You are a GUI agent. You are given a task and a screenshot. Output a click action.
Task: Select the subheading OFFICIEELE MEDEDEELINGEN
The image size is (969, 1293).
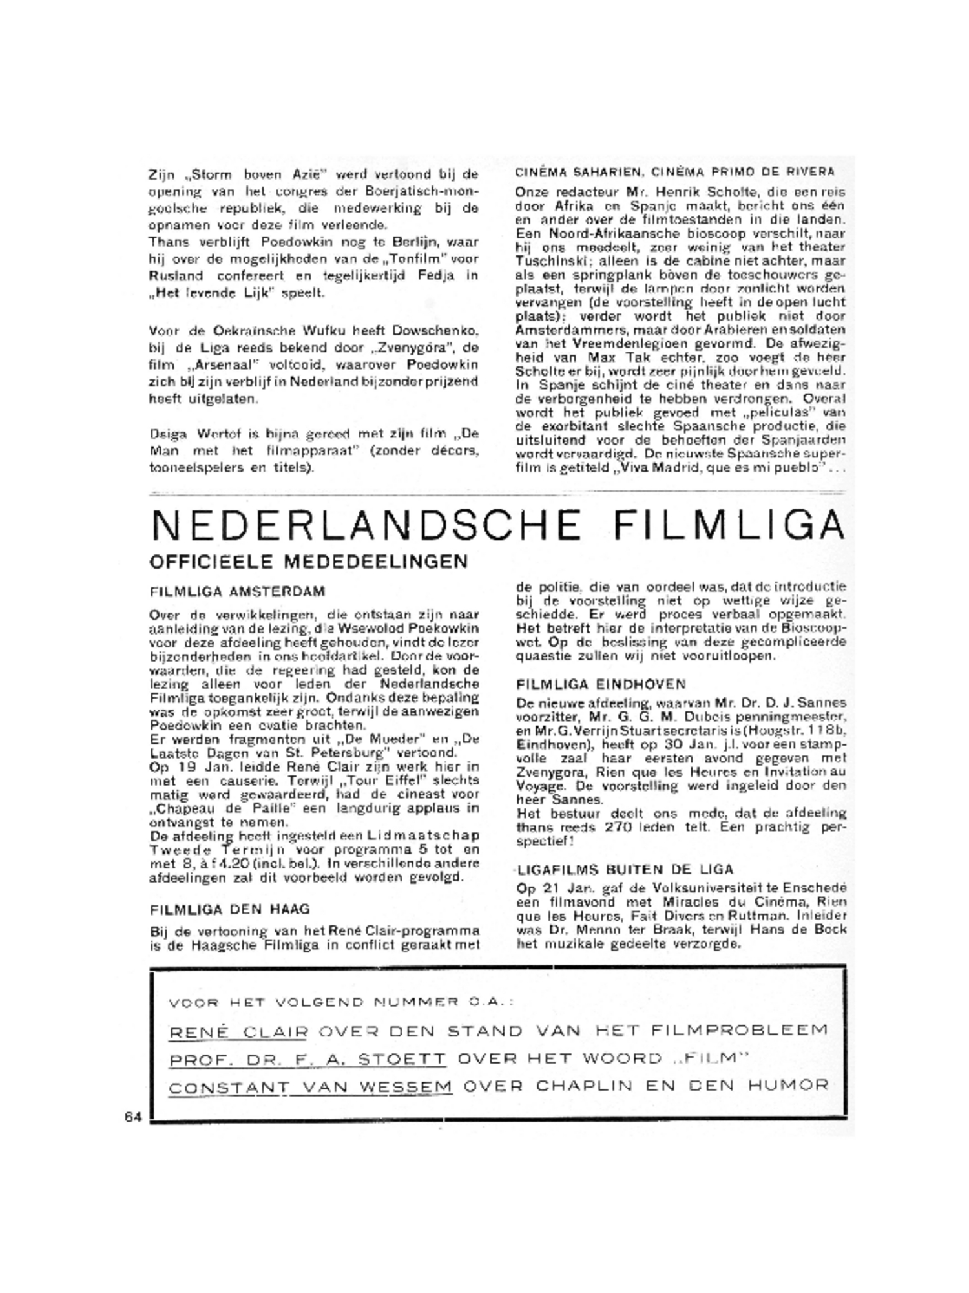pyautogui.click(x=308, y=562)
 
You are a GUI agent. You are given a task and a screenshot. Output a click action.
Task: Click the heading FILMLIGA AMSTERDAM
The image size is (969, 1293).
pyautogui.click(x=237, y=591)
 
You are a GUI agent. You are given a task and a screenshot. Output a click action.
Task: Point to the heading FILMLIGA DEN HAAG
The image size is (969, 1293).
pyautogui.click(x=230, y=909)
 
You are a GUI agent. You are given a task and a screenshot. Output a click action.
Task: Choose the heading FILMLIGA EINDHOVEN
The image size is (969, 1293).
pyautogui.click(x=601, y=684)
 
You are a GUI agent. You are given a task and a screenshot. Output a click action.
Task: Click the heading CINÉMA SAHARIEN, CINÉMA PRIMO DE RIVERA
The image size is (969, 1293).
pyautogui.click(x=674, y=172)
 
